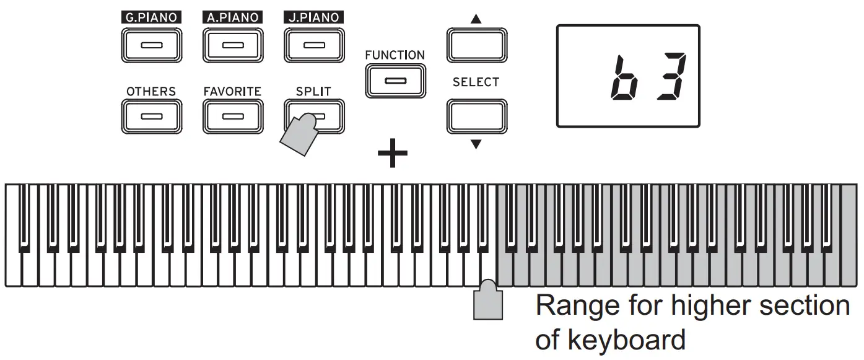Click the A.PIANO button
click(232, 45)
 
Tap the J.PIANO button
click(314, 45)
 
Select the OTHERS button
click(151, 116)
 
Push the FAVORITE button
click(232, 116)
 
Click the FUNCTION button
click(395, 81)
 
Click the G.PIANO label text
click(152, 17)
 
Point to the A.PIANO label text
click(232, 17)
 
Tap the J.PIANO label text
click(314, 17)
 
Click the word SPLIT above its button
click(314, 91)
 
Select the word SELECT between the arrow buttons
click(476, 82)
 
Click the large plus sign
click(393, 155)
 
